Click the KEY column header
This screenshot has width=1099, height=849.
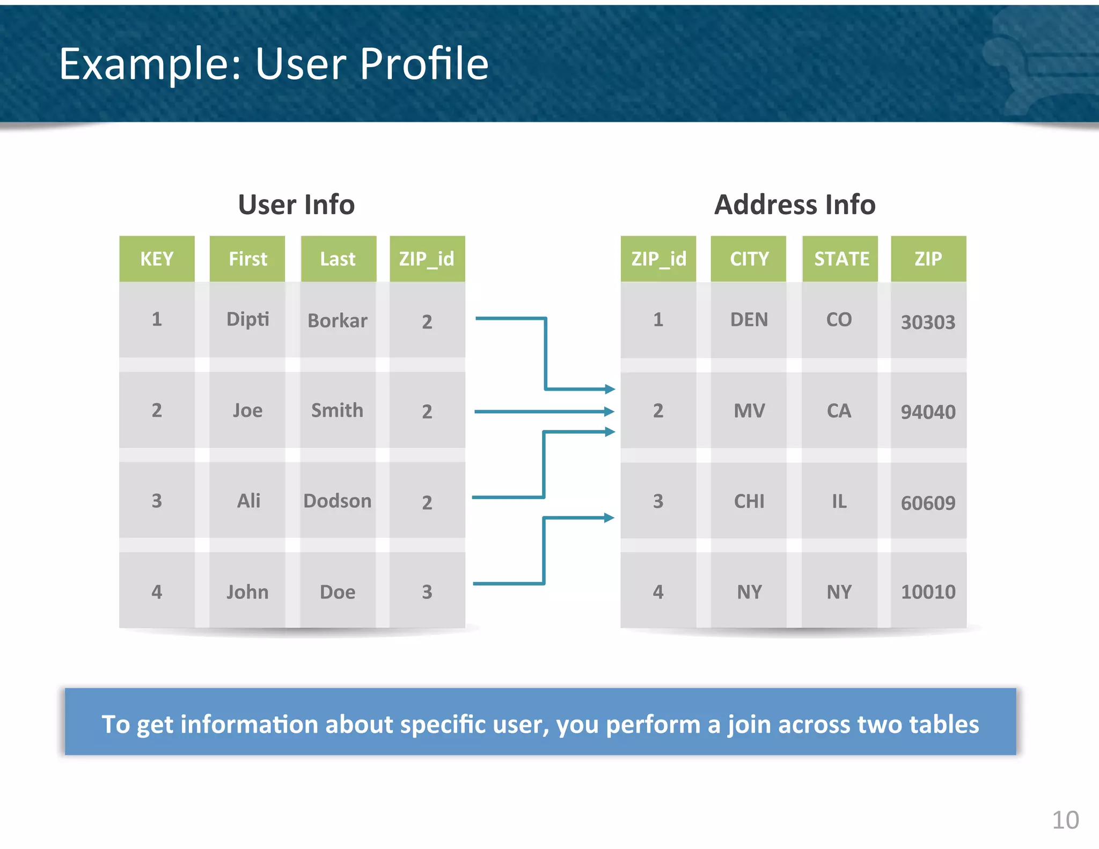157,259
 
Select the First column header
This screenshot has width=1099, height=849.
247,259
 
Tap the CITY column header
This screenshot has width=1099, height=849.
749,259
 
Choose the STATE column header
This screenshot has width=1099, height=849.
841,259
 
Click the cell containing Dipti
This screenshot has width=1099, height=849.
247,320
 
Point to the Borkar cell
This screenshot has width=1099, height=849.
338,321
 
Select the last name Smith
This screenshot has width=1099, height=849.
338,411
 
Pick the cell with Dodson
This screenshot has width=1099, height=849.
338,501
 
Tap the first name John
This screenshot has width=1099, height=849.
247,592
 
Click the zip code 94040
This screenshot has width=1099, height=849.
928,412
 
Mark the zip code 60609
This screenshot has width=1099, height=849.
928,503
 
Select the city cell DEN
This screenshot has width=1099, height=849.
749,320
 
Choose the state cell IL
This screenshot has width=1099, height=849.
839,502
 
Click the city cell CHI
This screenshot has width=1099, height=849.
749,502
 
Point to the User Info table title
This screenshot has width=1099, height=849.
296,205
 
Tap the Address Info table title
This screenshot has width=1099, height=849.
795,205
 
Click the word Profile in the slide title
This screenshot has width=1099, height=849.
424,64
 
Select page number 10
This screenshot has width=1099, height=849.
1065,820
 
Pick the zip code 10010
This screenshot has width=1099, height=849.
928,592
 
